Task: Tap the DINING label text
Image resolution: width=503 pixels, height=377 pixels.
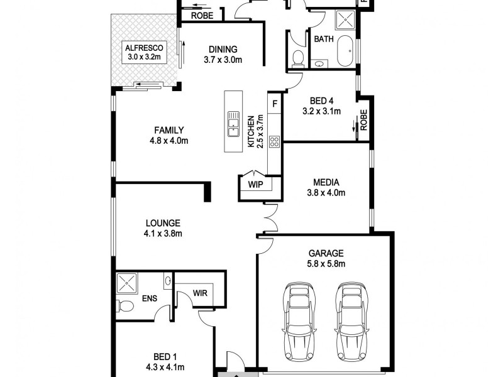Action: click(x=223, y=50)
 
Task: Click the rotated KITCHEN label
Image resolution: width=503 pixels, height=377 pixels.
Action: click(x=250, y=131)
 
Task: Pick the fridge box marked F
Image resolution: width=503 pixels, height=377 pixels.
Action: click(x=275, y=102)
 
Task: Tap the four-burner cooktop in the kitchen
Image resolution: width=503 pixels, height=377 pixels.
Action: click(x=275, y=141)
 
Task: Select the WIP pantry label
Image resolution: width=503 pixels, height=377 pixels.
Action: click(x=256, y=185)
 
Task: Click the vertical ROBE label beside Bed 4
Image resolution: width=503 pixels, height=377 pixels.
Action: click(x=363, y=119)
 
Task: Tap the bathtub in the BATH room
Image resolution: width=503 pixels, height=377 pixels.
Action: click(x=345, y=52)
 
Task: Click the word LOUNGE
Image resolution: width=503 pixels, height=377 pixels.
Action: click(x=163, y=223)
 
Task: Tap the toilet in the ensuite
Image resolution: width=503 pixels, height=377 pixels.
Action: click(x=124, y=306)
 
